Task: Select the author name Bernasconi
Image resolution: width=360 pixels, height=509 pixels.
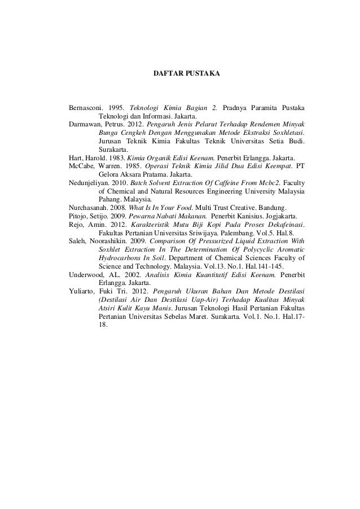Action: coord(86,108)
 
